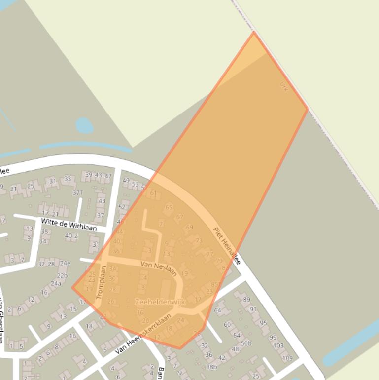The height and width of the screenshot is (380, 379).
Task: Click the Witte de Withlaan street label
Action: [69, 225]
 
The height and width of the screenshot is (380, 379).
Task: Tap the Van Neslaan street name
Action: [158, 268]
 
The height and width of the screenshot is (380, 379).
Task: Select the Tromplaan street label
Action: [102, 283]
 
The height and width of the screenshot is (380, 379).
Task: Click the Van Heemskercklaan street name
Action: [143, 334]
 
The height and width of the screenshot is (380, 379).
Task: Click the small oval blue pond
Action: [84, 125]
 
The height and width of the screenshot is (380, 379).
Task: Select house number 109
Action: [287, 358]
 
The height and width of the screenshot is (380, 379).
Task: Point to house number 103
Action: [278, 345]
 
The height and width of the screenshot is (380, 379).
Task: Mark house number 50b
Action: [246, 343]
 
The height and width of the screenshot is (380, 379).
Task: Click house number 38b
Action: [211, 367]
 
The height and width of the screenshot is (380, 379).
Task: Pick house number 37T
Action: [77, 192]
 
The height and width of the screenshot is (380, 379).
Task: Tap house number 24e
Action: [65, 263]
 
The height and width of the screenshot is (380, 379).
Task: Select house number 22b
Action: [62, 275]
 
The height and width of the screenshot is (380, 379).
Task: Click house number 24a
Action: [56, 283]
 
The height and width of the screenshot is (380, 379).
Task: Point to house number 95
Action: [263, 323]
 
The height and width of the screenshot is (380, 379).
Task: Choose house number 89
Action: [246, 300]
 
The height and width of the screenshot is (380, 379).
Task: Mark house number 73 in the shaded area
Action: [199, 241]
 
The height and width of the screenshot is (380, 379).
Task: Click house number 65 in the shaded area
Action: [169, 207]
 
